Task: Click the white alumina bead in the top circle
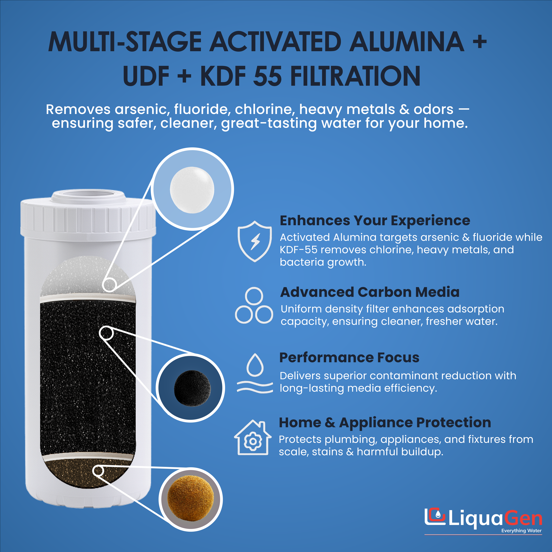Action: coord(192,190)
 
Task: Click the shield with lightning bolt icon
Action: coord(255,241)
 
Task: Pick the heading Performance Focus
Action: coord(349,357)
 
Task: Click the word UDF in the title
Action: coord(146,76)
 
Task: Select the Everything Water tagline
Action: coord(521,531)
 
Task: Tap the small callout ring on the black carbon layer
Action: coord(106,333)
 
